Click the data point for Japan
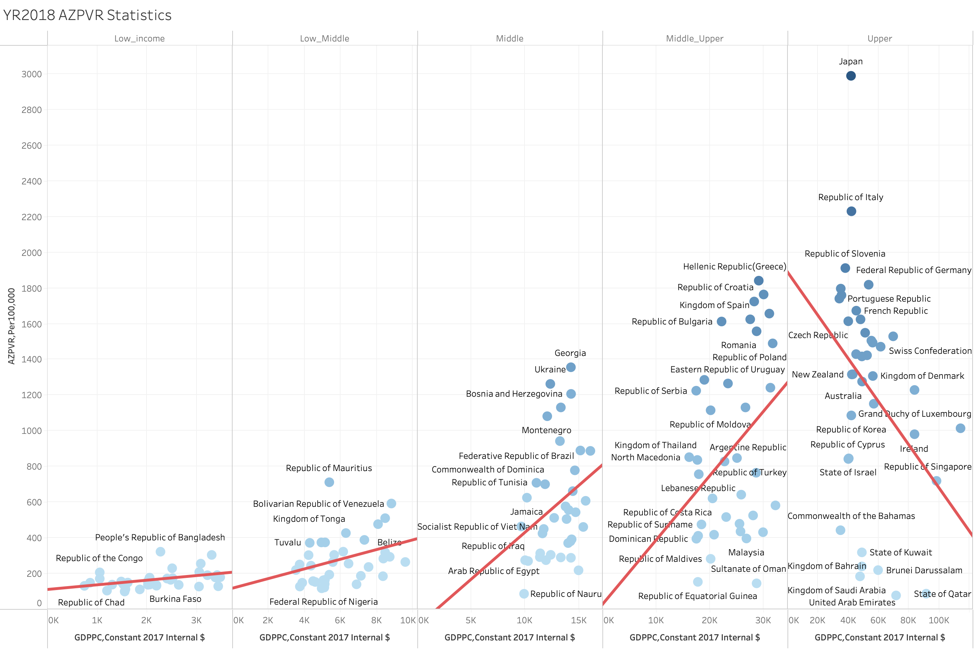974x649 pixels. pos(850,76)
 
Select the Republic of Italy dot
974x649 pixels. pos(851,212)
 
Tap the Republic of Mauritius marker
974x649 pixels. pos(329,482)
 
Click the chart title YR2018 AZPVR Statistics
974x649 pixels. pos(87,15)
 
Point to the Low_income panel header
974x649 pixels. pos(139,39)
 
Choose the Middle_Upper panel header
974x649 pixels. pos(694,39)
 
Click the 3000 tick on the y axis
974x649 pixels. pos(31,74)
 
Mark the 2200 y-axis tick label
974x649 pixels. pos(31,217)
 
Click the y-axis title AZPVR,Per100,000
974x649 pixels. pos(11,326)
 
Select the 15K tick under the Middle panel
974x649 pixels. pos(578,620)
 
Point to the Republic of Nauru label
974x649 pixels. pos(566,594)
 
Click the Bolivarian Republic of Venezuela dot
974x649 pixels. pos(391,504)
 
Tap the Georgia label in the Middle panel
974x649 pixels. pos(570,353)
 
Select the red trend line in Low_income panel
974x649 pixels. pos(139,581)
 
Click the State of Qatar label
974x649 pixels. pos(942,594)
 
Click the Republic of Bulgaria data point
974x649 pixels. pos(721,322)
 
